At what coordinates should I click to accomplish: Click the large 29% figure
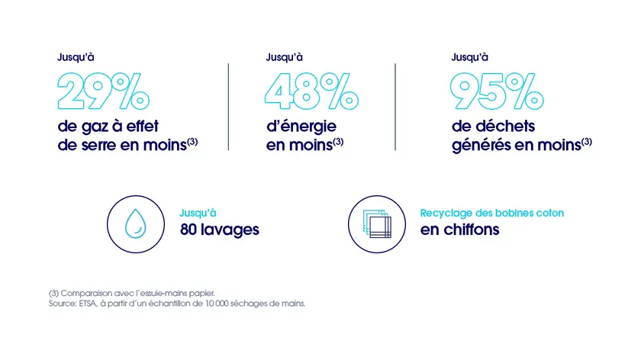(x=104, y=90)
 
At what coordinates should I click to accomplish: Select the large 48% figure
(x=311, y=90)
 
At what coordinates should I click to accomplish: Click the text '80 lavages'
(x=220, y=230)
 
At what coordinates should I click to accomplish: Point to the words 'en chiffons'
(x=459, y=230)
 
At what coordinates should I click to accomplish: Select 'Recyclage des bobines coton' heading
(x=492, y=213)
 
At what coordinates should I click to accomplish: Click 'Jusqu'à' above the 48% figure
(x=284, y=56)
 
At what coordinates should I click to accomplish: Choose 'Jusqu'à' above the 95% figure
(x=470, y=56)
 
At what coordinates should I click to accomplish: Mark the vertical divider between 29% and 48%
(x=229, y=107)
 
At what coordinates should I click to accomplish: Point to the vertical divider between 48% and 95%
(x=395, y=107)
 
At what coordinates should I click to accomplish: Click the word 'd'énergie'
(x=301, y=125)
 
